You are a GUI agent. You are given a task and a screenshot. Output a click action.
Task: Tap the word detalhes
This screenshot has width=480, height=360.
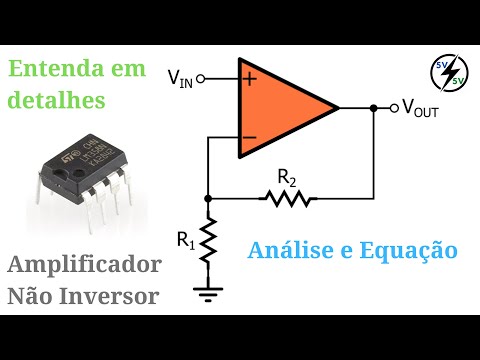tap(56, 101)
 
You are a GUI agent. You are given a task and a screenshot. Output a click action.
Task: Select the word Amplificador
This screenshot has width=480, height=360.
tap(85, 266)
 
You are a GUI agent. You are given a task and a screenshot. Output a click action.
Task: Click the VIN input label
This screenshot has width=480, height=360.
tap(180, 78)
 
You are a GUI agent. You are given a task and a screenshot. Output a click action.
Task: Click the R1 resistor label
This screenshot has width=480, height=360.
tap(186, 239)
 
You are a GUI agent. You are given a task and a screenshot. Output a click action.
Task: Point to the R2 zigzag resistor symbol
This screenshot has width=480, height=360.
tap(288, 198)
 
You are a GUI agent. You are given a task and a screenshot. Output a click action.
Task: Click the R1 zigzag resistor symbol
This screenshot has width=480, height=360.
tap(207, 240)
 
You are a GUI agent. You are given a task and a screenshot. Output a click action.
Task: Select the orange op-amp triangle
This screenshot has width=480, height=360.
tap(281, 108)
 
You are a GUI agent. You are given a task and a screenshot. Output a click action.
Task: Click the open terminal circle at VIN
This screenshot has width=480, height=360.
tap(200, 78)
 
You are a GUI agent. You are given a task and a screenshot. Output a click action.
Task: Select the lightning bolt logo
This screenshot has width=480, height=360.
tap(446, 73)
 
